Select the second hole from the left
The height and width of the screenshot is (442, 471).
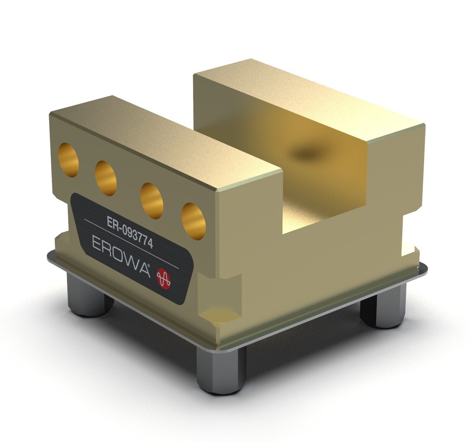[106, 178]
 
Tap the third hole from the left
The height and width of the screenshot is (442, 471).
[152, 200]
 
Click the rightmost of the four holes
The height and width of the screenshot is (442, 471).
[194, 221]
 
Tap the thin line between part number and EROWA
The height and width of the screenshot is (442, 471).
[132, 243]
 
